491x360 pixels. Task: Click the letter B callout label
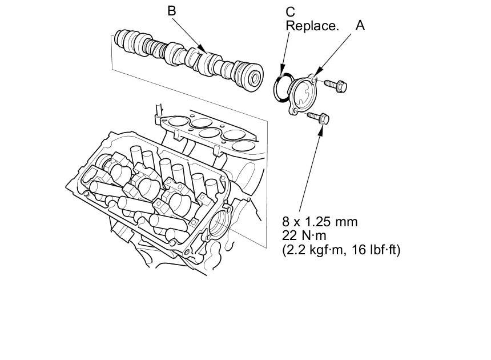click(x=172, y=11)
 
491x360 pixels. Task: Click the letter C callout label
click(x=291, y=12)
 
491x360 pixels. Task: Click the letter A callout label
click(x=360, y=25)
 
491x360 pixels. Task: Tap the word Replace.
click(x=312, y=26)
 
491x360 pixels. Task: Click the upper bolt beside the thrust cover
click(x=336, y=85)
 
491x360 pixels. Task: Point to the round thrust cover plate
click(x=302, y=95)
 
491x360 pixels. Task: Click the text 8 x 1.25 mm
click(x=320, y=222)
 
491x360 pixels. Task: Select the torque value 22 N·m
click(x=304, y=235)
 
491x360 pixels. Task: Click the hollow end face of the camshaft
click(x=255, y=77)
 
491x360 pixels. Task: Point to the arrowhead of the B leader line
click(x=203, y=49)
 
